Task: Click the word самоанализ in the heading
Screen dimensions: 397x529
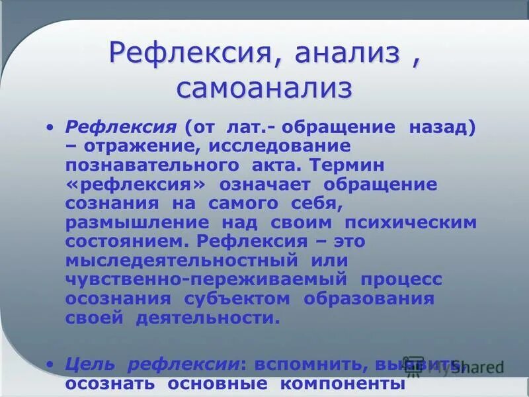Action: (x=264, y=89)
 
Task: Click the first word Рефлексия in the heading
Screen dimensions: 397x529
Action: (x=194, y=52)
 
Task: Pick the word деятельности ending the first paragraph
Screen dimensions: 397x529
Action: (x=208, y=318)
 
